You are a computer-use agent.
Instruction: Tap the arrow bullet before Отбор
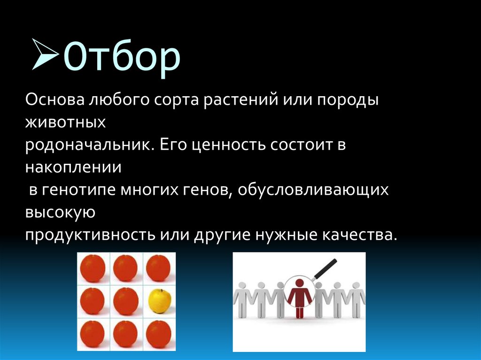pyautogui.click(x=47, y=55)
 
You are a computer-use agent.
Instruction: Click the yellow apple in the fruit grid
pyautogui.click(x=159, y=301)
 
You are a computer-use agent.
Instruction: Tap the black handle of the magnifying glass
pyautogui.click(x=325, y=269)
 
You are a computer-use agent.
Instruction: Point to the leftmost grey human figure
pyautogui.click(x=243, y=300)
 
